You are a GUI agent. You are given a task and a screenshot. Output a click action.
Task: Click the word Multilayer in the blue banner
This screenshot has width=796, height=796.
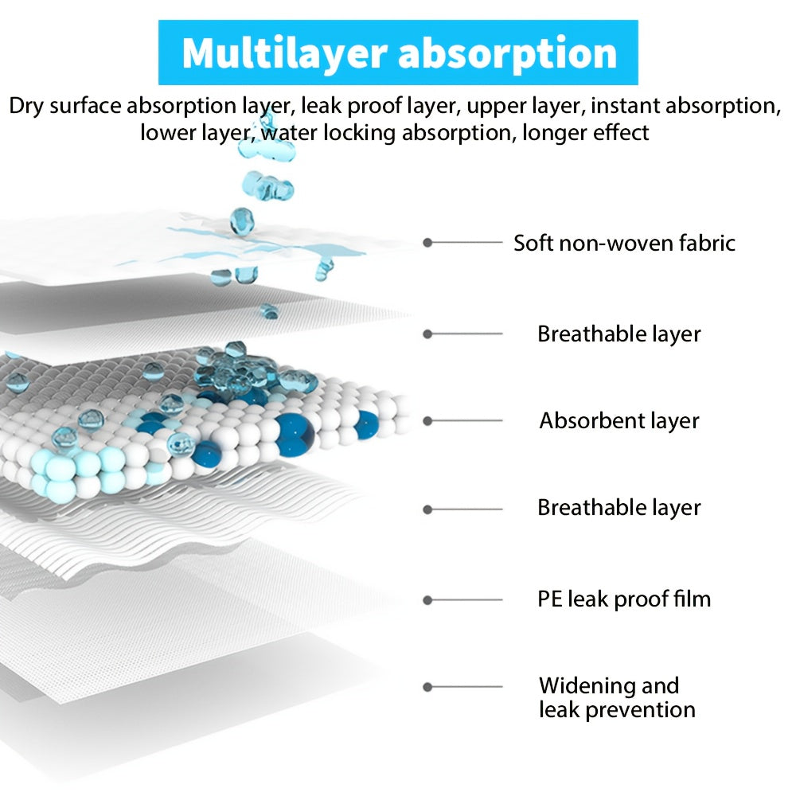click(x=284, y=54)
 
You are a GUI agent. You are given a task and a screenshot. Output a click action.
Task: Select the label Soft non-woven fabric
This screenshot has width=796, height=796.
click(x=624, y=243)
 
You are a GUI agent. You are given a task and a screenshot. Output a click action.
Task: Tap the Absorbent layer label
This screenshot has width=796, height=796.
click(x=618, y=421)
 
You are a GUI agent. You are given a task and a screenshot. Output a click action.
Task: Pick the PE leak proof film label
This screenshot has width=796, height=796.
click(x=624, y=599)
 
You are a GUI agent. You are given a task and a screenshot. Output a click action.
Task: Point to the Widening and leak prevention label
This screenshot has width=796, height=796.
click(x=617, y=697)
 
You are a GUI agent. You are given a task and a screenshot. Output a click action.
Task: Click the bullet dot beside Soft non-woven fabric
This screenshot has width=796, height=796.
click(x=427, y=243)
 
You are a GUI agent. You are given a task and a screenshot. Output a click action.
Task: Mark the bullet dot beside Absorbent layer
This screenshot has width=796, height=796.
click(x=427, y=421)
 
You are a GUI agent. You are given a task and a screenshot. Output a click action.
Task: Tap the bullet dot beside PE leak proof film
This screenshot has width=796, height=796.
click(x=427, y=600)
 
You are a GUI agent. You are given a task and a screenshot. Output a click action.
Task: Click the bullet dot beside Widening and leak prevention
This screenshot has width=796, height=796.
click(x=427, y=687)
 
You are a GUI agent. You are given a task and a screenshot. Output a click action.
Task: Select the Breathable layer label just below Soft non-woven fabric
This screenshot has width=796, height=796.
click(x=618, y=334)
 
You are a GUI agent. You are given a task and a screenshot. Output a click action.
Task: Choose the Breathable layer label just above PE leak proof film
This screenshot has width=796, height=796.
click(x=618, y=508)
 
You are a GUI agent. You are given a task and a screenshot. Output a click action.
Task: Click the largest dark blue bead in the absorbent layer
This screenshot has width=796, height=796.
click(x=295, y=434)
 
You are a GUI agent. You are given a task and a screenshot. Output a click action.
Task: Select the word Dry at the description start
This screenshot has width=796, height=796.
click(x=27, y=107)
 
